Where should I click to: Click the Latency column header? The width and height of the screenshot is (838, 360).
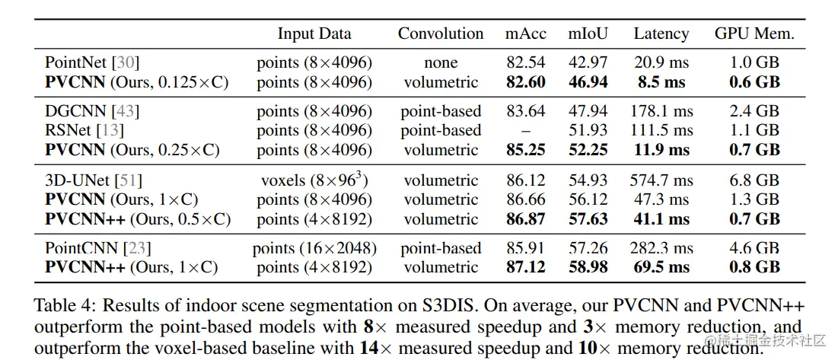(661, 33)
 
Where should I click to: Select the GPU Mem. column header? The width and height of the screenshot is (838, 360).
(754, 33)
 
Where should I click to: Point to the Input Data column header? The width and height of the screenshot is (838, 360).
(314, 33)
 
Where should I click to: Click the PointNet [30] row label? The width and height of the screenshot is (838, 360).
(92, 62)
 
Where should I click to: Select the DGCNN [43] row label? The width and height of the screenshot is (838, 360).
(92, 111)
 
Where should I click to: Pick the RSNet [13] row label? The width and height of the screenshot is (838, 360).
(86, 130)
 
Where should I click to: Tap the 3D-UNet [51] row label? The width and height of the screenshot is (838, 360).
(94, 180)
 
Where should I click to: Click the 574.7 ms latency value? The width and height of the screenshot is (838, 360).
(661, 180)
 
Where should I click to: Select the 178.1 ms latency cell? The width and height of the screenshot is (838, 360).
(661, 111)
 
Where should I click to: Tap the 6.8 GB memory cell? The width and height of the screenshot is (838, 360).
(754, 180)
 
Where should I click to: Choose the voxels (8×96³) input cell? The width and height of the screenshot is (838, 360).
(314, 180)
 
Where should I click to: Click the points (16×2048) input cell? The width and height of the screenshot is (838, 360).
(314, 248)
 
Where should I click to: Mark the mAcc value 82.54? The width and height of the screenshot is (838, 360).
(526, 62)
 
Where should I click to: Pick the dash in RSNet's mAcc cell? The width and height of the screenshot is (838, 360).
(526, 131)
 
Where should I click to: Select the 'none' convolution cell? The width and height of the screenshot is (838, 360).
(441, 62)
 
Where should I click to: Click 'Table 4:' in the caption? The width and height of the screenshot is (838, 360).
(65, 306)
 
